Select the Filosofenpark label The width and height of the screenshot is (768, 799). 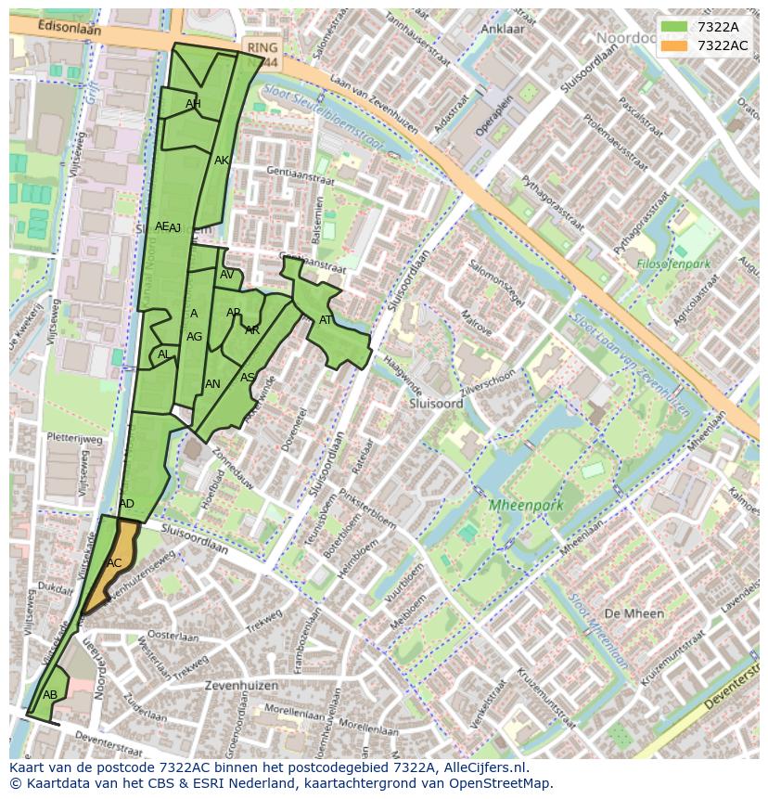673,264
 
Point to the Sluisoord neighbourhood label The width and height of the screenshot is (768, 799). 436,405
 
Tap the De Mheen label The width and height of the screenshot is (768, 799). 634,613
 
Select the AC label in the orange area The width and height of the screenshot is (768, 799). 114,563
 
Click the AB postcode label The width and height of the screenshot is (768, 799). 50,695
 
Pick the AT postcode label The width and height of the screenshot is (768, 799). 326,320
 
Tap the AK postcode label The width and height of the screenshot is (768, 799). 222,161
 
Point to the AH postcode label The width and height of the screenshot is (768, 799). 193,104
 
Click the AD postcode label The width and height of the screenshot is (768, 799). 126,504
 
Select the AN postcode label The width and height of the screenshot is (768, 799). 212,384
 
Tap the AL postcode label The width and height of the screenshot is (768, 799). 163,354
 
